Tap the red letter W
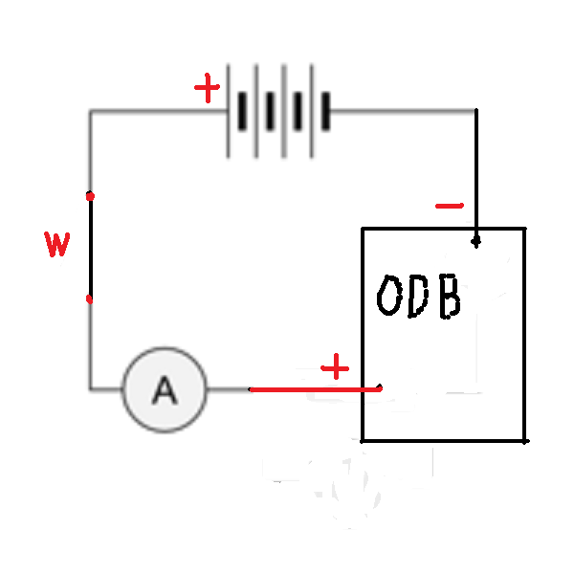(57, 244)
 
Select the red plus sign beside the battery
(208, 88)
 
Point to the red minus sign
(450, 206)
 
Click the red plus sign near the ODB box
(335, 367)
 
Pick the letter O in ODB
(389, 295)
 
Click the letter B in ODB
(450, 297)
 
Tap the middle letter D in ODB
(418, 297)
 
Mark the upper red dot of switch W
(90, 196)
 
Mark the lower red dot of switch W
(89, 299)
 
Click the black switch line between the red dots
(91, 248)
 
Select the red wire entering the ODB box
(315, 389)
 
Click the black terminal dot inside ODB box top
(475, 242)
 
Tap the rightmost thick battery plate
(326, 111)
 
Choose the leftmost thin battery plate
(228, 111)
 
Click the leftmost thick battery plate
(242, 111)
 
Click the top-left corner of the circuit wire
(91, 111)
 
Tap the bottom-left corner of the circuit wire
(91, 388)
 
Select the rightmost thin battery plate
(312, 111)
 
